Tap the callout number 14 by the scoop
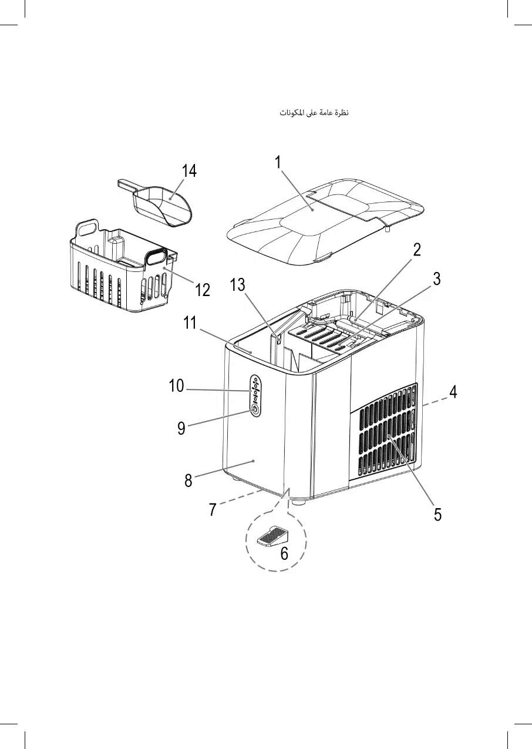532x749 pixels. (x=189, y=171)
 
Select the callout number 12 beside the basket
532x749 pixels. (x=202, y=290)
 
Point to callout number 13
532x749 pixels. (x=237, y=286)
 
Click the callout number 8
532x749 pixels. (x=188, y=481)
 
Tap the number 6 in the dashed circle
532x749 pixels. (x=284, y=553)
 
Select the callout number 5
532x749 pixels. (x=437, y=514)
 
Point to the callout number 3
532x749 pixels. (x=436, y=280)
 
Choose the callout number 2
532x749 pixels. (x=416, y=250)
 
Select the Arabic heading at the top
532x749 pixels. (x=314, y=112)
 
